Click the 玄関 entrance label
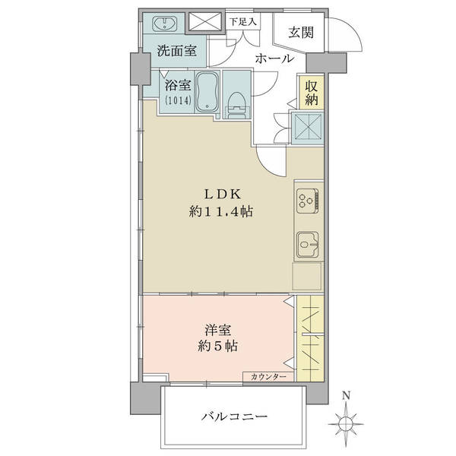pyautogui.click(x=301, y=33)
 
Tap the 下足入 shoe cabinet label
pyautogui.click(x=243, y=22)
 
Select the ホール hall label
pyautogui.click(x=274, y=59)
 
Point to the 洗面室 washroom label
pyautogui.click(x=177, y=51)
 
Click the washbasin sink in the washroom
pyautogui.click(x=165, y=24)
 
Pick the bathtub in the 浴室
pyautogui.click(x=207, y=92)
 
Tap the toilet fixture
pyautogui.click(x=237, y=106)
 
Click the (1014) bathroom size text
pyautogui.click(x=179, y=100)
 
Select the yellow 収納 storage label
pyautogui.click(x=312, y=93)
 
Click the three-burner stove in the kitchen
pyautogui.click(x=308, y=201)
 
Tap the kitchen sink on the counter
pyautogui.click(x=308, y=244)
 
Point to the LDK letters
pyautogui.click(x=223, y=194)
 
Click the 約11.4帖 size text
pyautogui.click(x=221, y=211)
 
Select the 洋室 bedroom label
pyautogui.click(x=218, y=331)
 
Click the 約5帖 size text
pyautogui.click(x=218, y=346)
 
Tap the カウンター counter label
pyautogui.click(x=268, y=377)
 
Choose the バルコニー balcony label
pyautogui.click(x=235, y=417)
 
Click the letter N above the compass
pyautogui.click(x=346, y=395)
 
